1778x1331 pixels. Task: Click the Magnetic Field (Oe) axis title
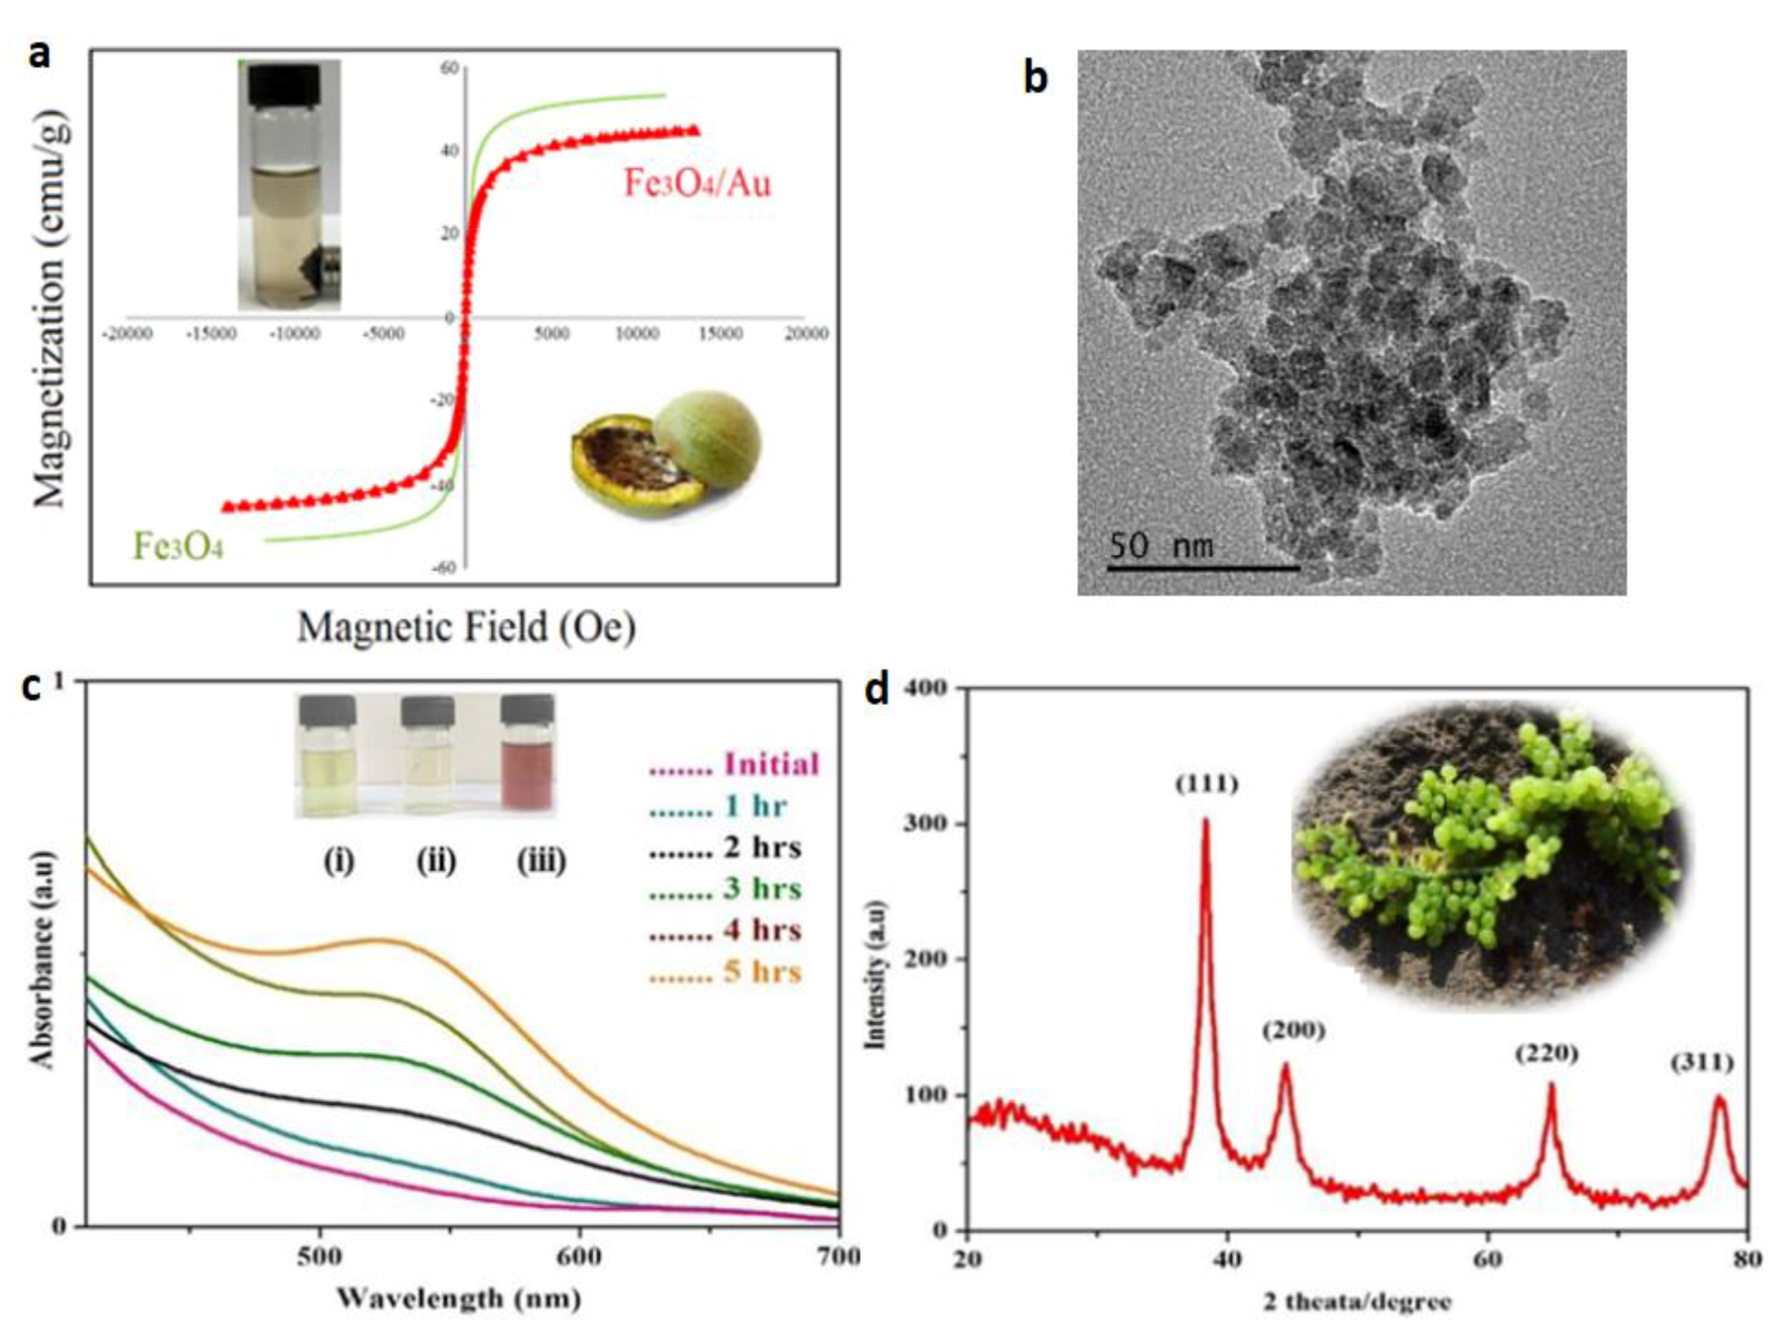pos(466,627)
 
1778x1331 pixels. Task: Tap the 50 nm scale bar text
pos(1160,546)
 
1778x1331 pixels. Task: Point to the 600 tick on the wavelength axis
pos(579,1257)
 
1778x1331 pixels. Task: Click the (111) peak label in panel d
pos(1207,785)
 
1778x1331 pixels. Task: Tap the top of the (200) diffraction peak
pos(1285,1066)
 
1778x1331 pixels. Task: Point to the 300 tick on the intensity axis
pos(929,825)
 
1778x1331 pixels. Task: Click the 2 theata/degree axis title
pos(1357,1302)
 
